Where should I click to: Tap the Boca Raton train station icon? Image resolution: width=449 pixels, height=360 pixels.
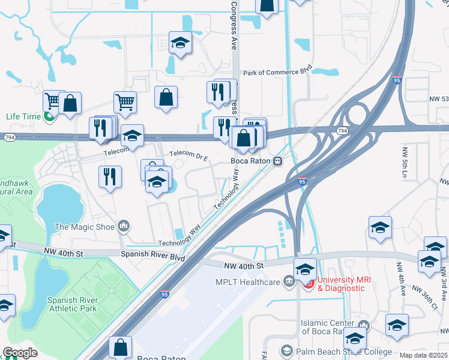coord(278,161)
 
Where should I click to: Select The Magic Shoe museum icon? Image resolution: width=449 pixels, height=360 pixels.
coord(124,226)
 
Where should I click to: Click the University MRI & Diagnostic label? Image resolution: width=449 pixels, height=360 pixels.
coord(340,284)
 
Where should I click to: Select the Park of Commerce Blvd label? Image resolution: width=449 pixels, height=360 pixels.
coord(278,72)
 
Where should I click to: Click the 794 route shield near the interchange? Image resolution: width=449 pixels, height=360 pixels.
coord(342,130)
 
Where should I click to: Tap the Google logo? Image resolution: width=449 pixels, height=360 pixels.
coord(20,353)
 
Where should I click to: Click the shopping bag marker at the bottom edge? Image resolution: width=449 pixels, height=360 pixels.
coord(120,346)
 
